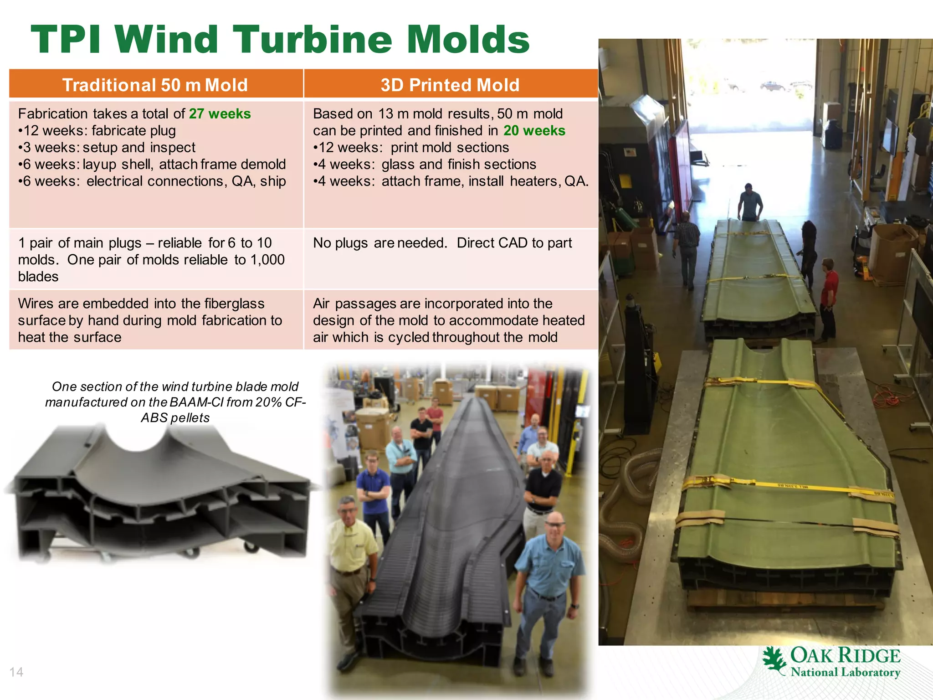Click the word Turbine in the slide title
tap(313, 40)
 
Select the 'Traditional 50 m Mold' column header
tap(155, 85)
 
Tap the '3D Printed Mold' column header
tap(450, 85)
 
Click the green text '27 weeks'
tap(220, 113)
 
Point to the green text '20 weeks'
tap(534, 131)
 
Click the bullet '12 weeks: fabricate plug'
tap(97, 131)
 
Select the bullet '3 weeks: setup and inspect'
tap(107, 148)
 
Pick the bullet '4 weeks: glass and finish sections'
tap(425, 165)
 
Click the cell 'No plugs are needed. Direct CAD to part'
tap(442, 243)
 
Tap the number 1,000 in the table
tap(267, 260)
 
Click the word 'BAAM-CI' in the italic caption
tap(196, 402)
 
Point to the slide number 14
tap(16, 672)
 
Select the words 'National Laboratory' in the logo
tap(846, 672)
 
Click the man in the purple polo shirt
tap(374, 488)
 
